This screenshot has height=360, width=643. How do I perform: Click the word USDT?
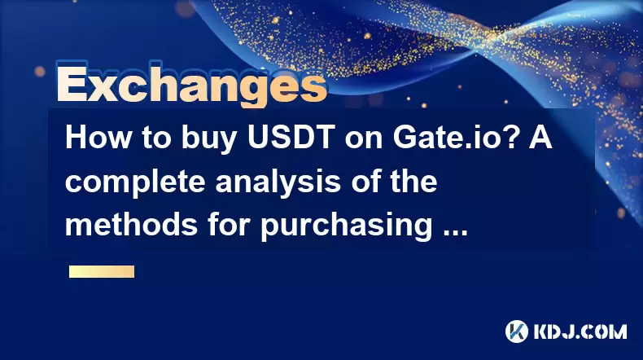tap(291, 138)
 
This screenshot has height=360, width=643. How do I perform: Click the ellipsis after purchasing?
tap(456, 233)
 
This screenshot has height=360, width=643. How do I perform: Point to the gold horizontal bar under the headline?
tap(102, 271)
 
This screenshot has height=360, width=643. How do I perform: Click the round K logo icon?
tap(517, 331)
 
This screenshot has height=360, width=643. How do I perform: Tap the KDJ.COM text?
tap(580, 331)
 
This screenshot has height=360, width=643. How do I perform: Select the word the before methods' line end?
tap(413, 181)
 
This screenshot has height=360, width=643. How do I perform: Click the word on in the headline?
tap(363, 141)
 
